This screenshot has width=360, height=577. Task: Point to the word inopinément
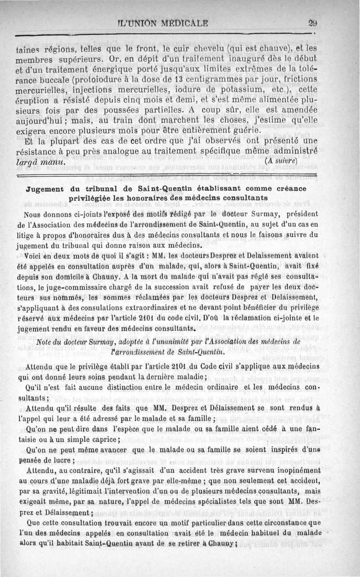point(297,470)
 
